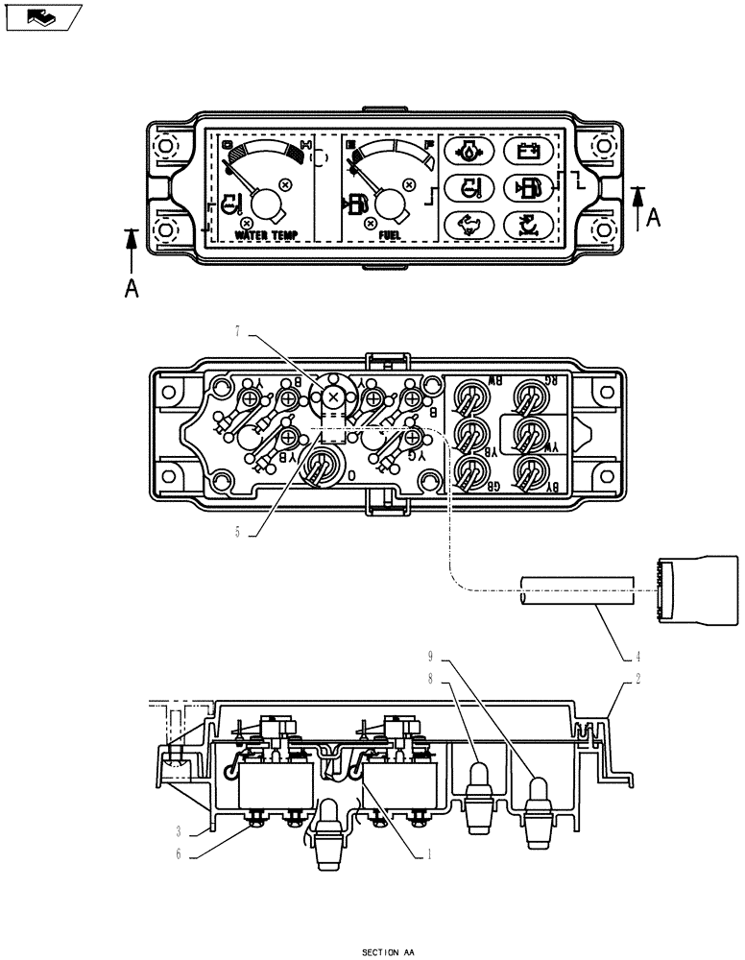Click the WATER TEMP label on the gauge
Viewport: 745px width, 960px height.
click(x=266, y=234)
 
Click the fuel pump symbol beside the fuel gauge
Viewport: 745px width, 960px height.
click(x=355, y=204)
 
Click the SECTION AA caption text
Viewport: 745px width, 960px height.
click(x=388, y=952)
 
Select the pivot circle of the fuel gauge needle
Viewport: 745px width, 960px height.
click(x=389, y=203)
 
